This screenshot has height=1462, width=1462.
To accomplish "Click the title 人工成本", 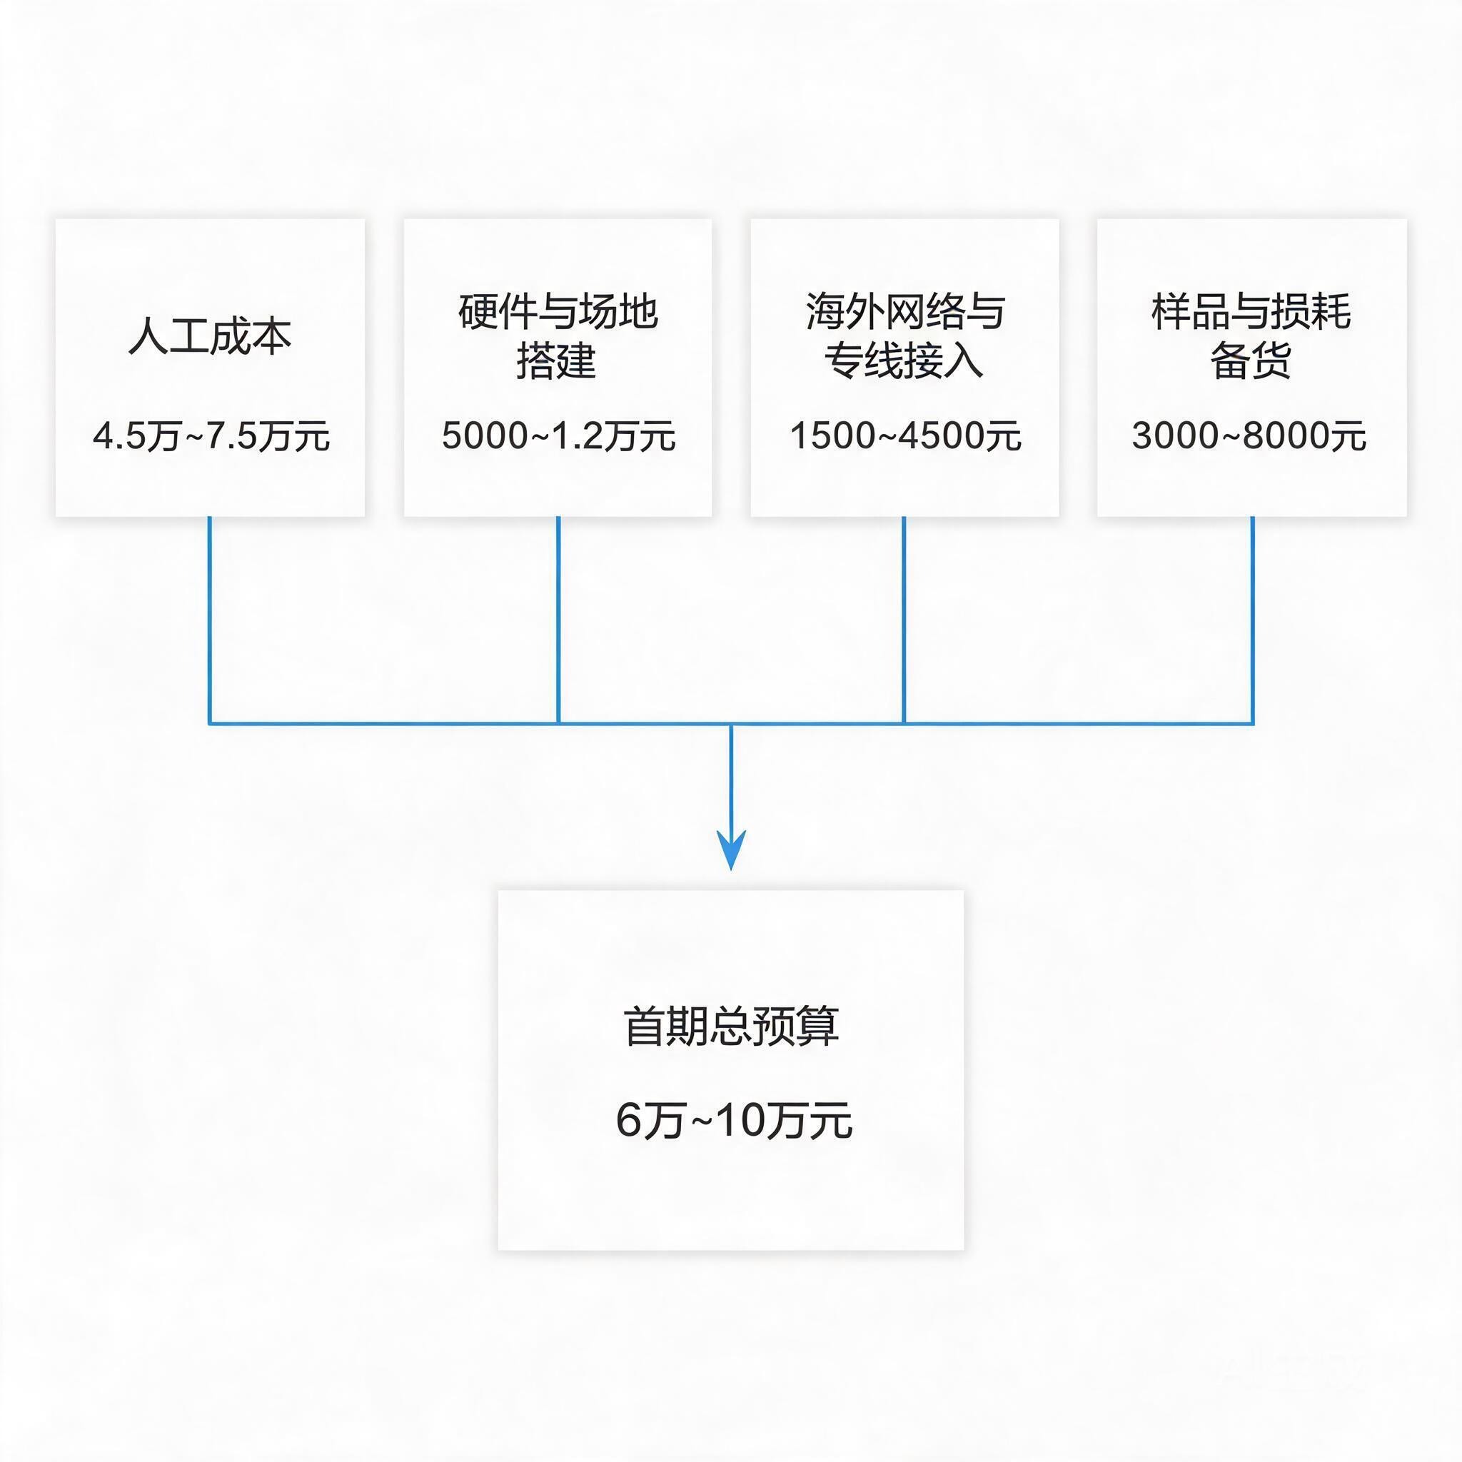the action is point(211,336).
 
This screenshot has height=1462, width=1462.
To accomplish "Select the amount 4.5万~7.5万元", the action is point(211,437).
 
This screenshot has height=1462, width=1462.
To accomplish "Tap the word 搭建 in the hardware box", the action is point(557,361).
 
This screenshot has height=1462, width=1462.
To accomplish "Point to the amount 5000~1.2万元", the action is point(558,437).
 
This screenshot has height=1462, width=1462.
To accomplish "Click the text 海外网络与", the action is point(905,311).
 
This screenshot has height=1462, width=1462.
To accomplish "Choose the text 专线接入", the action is point(904,361).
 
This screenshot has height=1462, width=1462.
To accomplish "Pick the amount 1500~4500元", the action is point(905,437).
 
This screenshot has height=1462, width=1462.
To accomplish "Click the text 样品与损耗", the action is point(1251,311).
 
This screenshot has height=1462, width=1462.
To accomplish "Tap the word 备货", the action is point(1251,361).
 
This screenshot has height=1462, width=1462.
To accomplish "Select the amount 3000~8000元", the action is point(1249,437).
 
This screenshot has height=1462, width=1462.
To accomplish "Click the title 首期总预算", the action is point(731,1027).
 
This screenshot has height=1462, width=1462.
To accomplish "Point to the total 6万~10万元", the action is point(733,1121).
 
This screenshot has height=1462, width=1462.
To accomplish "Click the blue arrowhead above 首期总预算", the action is point(731,850).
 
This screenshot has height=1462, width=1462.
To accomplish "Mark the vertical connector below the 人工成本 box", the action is point(210,620).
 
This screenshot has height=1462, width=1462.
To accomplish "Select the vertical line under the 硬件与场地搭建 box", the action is point(558,620).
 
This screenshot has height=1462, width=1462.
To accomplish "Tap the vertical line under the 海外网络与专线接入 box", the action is point(904,620).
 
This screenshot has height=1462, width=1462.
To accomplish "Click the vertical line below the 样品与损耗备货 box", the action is point(1252,620).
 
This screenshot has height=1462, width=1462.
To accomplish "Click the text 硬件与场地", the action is point(558,311).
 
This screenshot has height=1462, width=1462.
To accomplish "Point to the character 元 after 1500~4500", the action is point(1004,437).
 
